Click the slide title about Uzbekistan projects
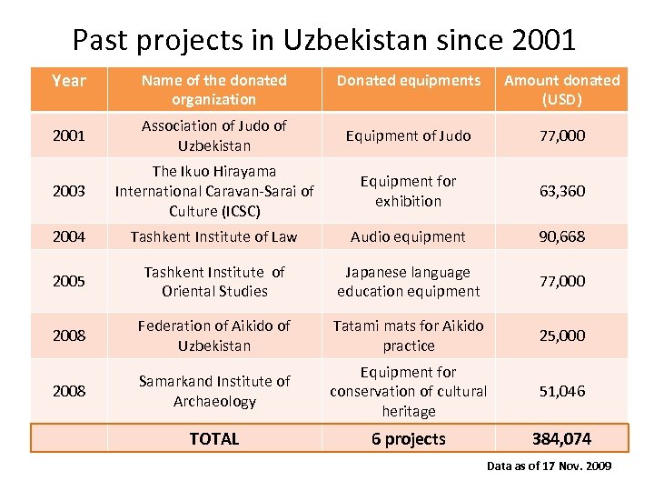323,40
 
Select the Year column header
69,81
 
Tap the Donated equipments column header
409,81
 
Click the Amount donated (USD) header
561,89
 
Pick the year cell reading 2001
69,135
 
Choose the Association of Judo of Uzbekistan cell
214,135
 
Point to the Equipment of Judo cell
409,135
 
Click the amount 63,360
561,191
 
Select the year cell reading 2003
69,191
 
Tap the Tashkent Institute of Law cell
214,236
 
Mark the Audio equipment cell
409,236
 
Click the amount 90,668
561,236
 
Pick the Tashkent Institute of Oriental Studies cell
214,281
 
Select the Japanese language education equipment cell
409,281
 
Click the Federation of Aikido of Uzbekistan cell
214,336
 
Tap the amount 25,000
561,336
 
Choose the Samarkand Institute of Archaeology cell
214,391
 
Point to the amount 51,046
561,391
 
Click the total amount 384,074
561,439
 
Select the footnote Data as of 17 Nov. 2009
549,466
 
